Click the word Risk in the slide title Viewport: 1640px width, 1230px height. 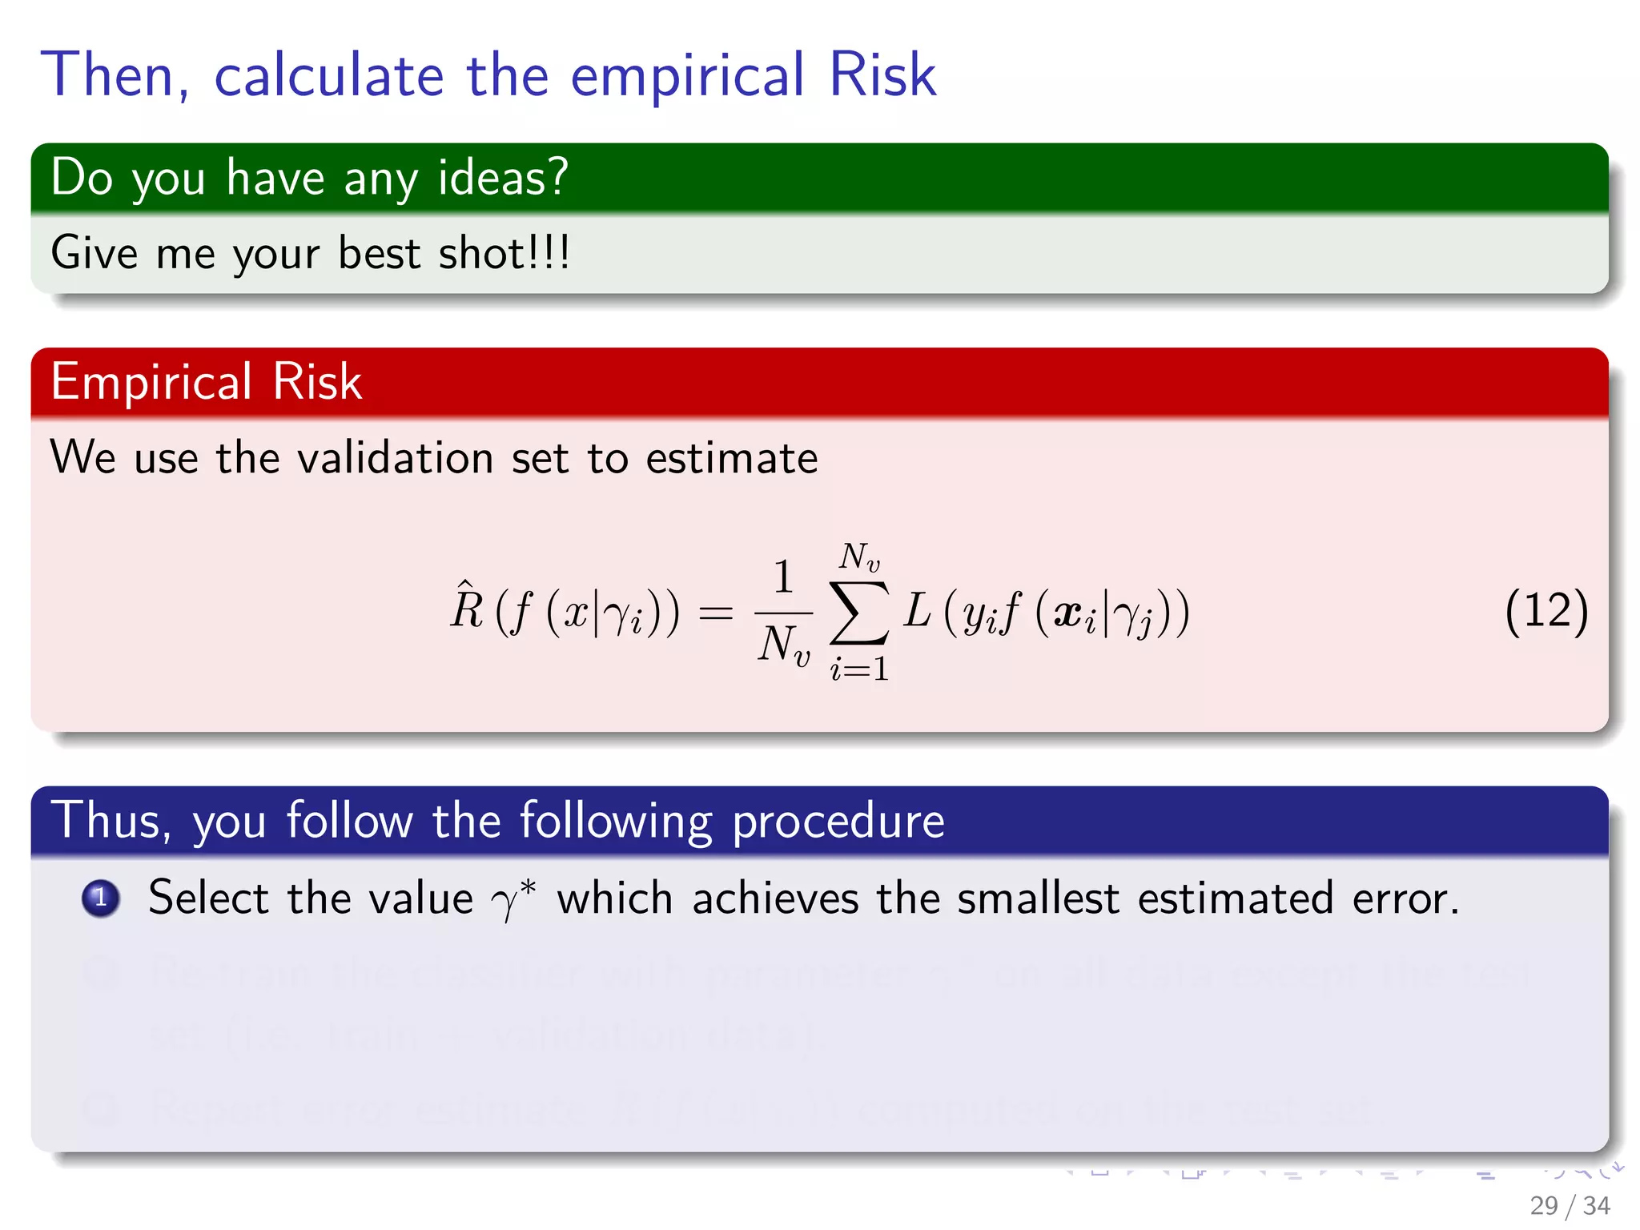(x=882, y=75)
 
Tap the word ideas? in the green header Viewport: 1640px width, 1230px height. (x=503, y=177)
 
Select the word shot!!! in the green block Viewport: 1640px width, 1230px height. (x=504, y=253)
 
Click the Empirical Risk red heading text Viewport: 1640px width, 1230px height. (x=206, y=381)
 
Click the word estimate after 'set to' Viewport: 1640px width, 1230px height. (x=731, y=459)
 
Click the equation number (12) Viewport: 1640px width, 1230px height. (x=1546, y=612)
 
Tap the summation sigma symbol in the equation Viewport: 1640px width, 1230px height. (x=858, y=613)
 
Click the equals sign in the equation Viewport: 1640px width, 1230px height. (x=715, y=613)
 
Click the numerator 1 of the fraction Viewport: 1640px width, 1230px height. (x=783, y=577)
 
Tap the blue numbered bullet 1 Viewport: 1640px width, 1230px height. (x=101, y=898)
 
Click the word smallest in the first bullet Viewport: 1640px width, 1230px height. (x=1038, y=898)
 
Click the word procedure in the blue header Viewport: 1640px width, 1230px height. (x=838, y=822)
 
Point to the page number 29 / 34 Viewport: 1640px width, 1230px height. (x=1569, y=1205)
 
